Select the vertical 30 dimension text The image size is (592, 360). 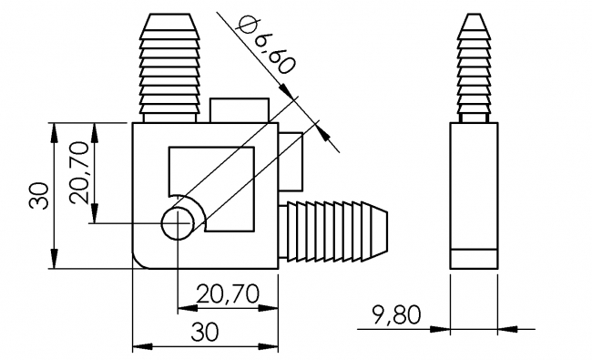(x=37, y=195)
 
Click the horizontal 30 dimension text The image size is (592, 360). (x=206, y=333)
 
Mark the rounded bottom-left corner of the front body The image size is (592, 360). (x=141, y=261)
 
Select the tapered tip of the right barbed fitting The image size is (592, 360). (x=380, y=233)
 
